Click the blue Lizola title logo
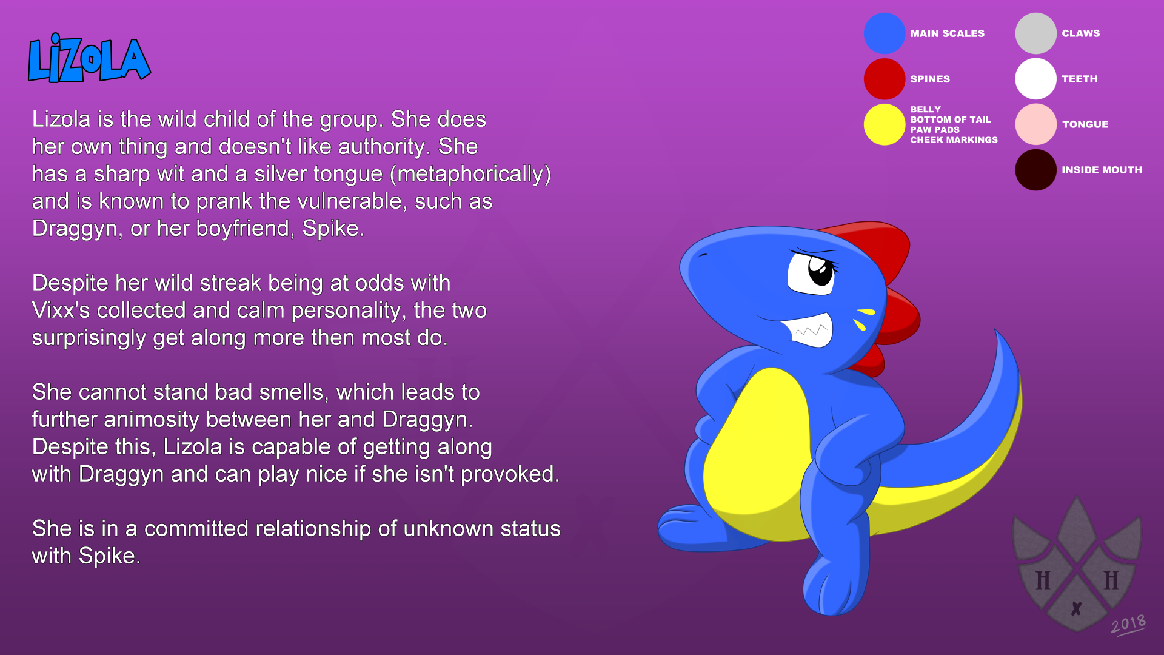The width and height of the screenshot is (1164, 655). point(89,58)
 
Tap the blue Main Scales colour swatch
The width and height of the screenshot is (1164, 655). point(885,33)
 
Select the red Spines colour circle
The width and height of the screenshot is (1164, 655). point(885,79)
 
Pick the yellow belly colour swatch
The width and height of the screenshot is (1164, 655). point(885,124)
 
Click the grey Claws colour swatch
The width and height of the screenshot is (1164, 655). point(1035,33)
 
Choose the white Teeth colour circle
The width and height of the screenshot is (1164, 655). point(1035,79)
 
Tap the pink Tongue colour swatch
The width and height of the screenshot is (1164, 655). point(1035,124)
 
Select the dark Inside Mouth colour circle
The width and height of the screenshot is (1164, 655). point(1035,170)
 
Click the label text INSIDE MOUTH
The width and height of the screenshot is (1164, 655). point(1102,170)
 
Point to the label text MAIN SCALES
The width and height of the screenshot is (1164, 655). point(947,33)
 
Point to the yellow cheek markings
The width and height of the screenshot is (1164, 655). point(863,319)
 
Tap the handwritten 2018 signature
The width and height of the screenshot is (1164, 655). point(1128,625)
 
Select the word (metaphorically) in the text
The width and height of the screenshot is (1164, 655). point(470,175)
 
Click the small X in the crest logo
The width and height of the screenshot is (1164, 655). point(1076,608)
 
